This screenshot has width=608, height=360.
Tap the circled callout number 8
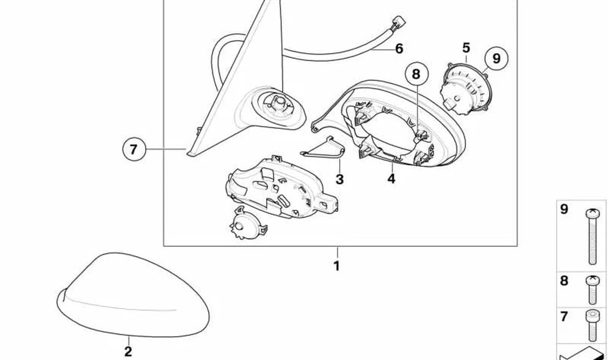417,73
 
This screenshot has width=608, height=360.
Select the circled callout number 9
496,58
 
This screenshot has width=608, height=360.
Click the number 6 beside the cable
399,49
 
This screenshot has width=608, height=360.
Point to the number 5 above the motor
466,48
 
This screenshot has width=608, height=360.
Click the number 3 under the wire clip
339,179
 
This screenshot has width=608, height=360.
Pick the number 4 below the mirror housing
391,178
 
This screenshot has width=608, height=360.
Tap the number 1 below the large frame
337,266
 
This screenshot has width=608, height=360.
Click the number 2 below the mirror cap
128,352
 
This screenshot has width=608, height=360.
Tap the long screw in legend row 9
593,236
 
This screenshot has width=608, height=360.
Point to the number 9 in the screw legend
564,209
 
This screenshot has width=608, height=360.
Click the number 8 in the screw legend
564,281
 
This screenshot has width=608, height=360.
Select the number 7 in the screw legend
564,317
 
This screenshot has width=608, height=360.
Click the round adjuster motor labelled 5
465,89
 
